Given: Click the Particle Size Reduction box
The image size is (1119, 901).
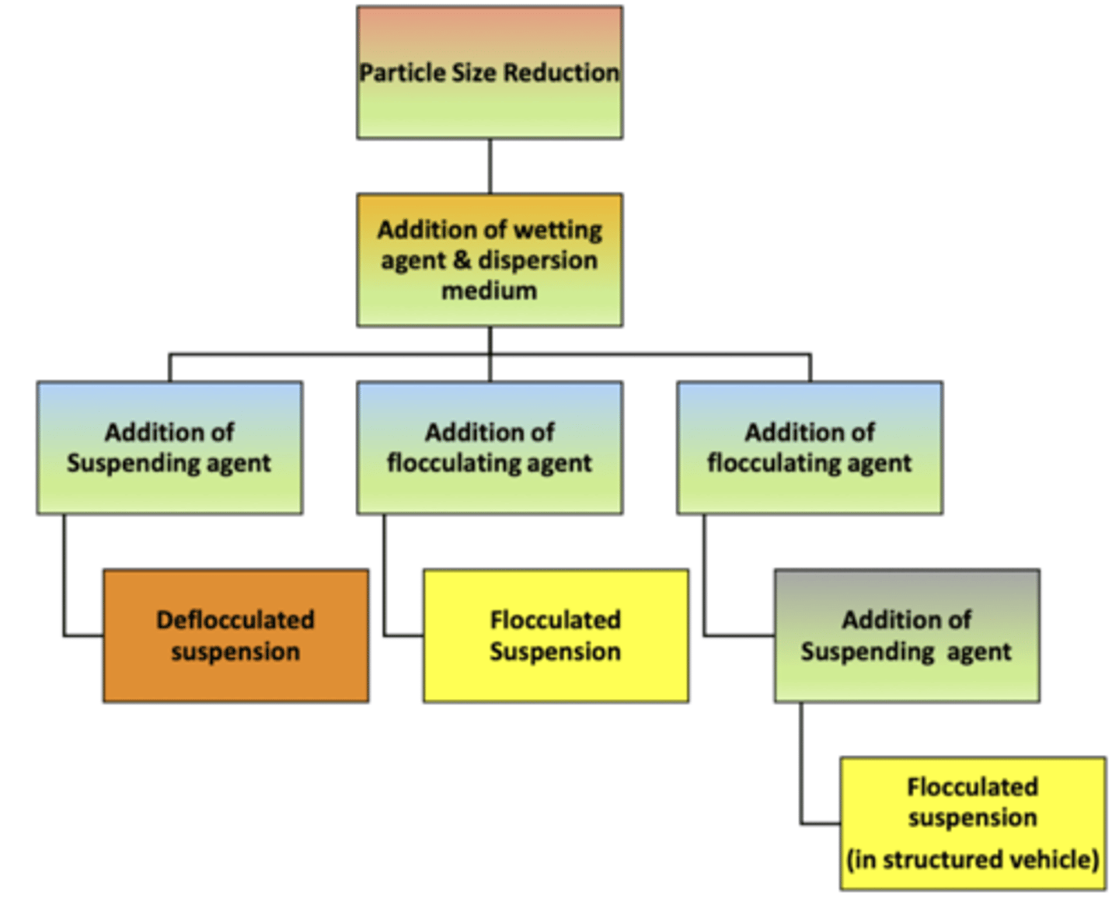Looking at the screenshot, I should pyautogui.click(x=490, y=73).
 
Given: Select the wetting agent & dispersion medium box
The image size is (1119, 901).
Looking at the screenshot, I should pyautogui.click(x=490, y=260).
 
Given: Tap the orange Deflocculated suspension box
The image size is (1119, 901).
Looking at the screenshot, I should pyautogui.click(x=235, y=635).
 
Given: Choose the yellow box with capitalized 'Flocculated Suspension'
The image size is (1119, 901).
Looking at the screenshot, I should pyautogui.click(x=556, y=635).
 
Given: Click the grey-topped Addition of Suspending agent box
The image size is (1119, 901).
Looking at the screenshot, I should pyautogui.click(x=907, y=635).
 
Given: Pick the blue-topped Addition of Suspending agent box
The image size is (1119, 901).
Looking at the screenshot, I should pyautogui.click(x=169, y=447).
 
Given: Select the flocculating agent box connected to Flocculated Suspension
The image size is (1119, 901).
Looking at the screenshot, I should pyautogui.click(x=490, y=447).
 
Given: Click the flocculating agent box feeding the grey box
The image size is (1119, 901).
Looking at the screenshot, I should pyautogui.click(x=810, y=447).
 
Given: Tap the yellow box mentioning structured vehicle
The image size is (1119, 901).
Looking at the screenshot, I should pyautogui.click(x=972, y=823).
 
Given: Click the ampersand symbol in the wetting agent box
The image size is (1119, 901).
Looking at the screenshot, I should pyautogui.click(x=462, y=260).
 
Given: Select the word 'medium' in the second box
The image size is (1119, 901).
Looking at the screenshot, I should pyautogui.click(x=490, y=291).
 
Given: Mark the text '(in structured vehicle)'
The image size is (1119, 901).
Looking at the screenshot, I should pyautogui.click(x=972, y=860).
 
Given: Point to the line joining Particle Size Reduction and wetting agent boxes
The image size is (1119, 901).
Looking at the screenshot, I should pyautogui.click(x=490, y=166).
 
